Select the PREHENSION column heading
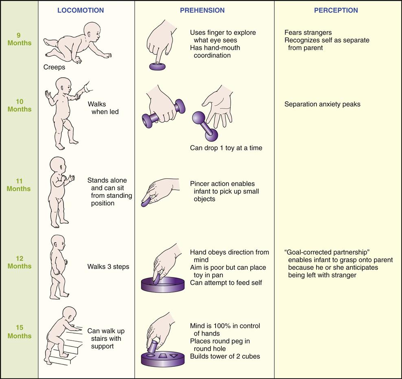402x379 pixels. tap(201, 10)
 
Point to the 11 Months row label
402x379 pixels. tap(19, 185)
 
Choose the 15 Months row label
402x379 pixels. tap(19, 332)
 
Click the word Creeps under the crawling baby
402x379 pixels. tap(54, 67)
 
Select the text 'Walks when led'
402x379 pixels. tap(103, 108)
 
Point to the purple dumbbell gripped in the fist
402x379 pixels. tap(163, 113)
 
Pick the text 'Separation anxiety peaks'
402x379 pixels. tap(322, 104)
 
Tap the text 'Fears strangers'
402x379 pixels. tap(308, 32)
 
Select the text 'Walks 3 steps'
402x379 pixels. tap(108, 267)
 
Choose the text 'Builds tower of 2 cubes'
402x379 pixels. tap(225, 356)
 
